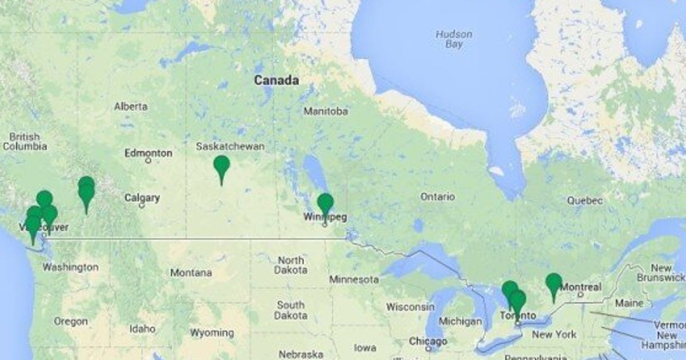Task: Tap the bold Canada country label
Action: coord(276,81)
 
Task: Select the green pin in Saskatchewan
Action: coord(221,166)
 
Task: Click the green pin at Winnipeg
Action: coord(325,204)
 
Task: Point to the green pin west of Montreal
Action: coord(553,284)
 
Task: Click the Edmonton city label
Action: coord(149,153)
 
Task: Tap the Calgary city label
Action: coord(142,198)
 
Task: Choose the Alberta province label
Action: coord(130,106)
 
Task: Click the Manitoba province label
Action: coord(325,111)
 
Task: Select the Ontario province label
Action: coord(437,197)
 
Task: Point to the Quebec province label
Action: coord(585,201)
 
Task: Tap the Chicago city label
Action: coord(428,341)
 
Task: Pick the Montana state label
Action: coord(191,273)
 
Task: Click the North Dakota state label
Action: coord(290,265)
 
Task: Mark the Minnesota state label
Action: coord(353,279)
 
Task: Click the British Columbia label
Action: coord(25,142)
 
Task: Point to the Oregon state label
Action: coord(71,322)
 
